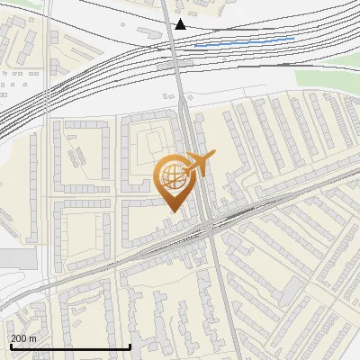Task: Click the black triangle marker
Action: coord(181,23)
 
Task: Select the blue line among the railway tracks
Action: coord(244,41)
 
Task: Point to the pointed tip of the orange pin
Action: coord(171,211)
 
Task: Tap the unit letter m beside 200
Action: coord(33,338)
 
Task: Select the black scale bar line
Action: coord(70,346)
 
